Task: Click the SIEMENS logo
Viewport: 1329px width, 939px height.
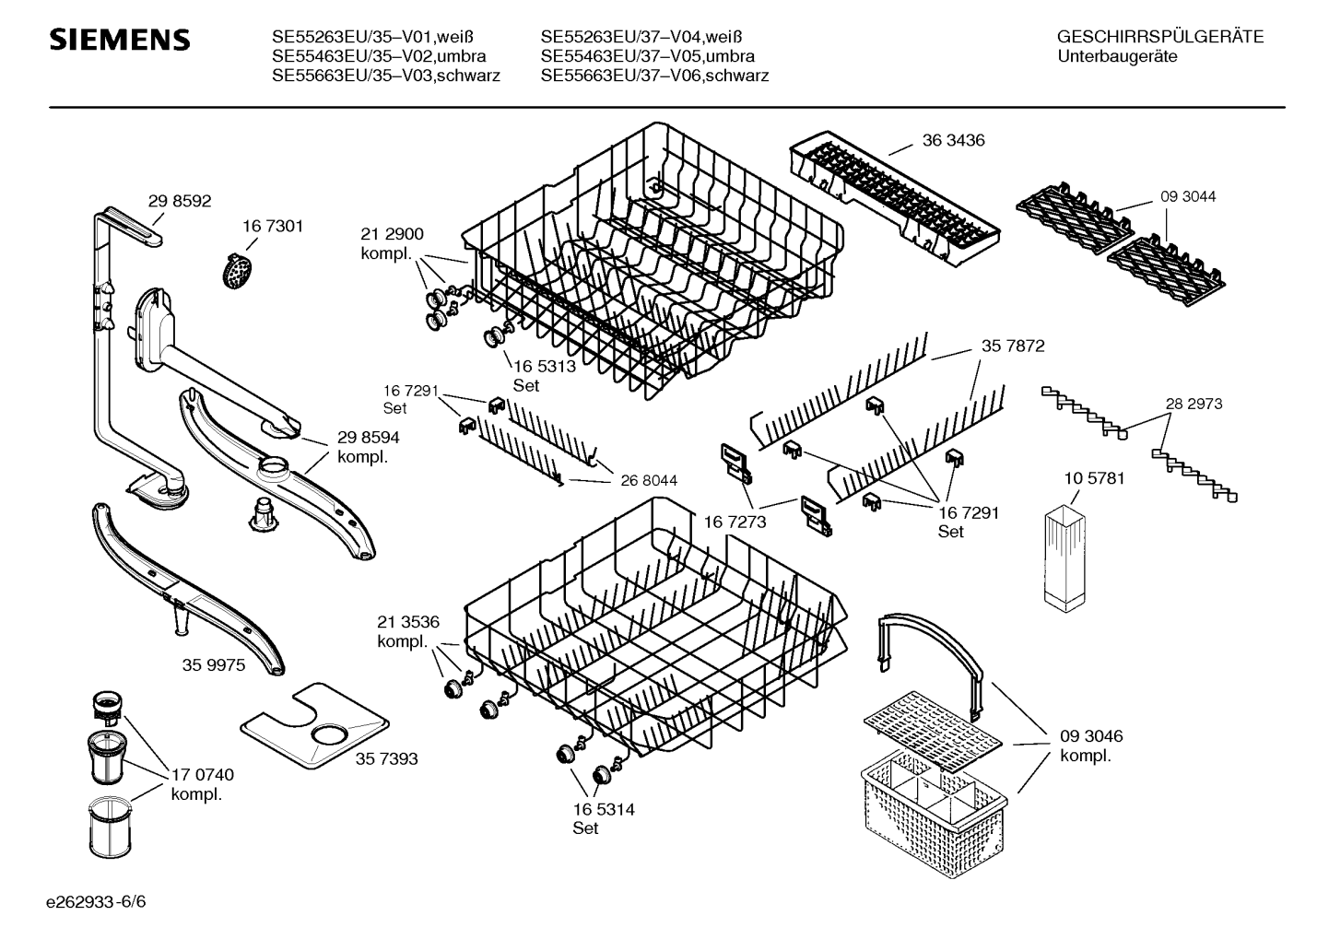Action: tap(120, 40)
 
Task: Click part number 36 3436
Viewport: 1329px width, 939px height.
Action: tap(954, 141)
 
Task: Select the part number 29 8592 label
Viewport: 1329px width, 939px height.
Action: tap(179, 201)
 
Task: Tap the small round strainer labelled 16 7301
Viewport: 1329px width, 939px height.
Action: tap(238, 271)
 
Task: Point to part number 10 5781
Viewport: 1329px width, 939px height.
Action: tap(1095, 478)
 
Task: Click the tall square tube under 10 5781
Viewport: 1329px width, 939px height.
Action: tap(1065, 558)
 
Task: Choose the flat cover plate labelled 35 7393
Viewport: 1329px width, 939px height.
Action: tap(314, 726)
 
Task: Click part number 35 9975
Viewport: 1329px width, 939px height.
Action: tap(214, 665)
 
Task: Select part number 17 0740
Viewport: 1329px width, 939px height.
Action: tap(203, 775)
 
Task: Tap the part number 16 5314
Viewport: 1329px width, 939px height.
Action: tap(604, 809)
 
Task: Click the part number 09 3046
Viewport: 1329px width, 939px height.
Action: tap(1091, 736)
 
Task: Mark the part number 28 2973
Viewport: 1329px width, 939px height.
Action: tap(1194, 404)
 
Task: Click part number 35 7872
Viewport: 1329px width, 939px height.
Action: tap(1014, 346)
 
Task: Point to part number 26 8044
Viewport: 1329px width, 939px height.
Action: tap(649, 480)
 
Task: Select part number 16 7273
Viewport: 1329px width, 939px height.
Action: tap(735, 522)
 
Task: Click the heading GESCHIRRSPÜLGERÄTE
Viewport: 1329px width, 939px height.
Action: tap(1160, 37)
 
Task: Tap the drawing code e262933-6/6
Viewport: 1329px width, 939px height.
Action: tap(96, 902)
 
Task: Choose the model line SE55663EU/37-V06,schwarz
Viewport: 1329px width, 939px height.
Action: tap(655, 76)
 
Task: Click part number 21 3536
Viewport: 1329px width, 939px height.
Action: tap(408, 622)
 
